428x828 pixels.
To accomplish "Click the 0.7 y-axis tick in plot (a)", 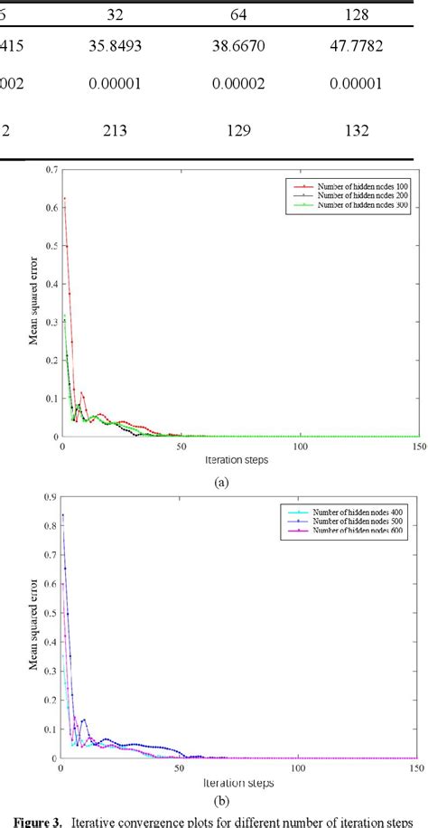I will [x=51, y=170].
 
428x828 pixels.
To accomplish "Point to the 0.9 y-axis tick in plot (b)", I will [x=51, y=497].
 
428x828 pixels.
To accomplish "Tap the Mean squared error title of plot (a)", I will [x=33, y=302].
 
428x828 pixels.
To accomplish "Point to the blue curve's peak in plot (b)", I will [x=62, y=515].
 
